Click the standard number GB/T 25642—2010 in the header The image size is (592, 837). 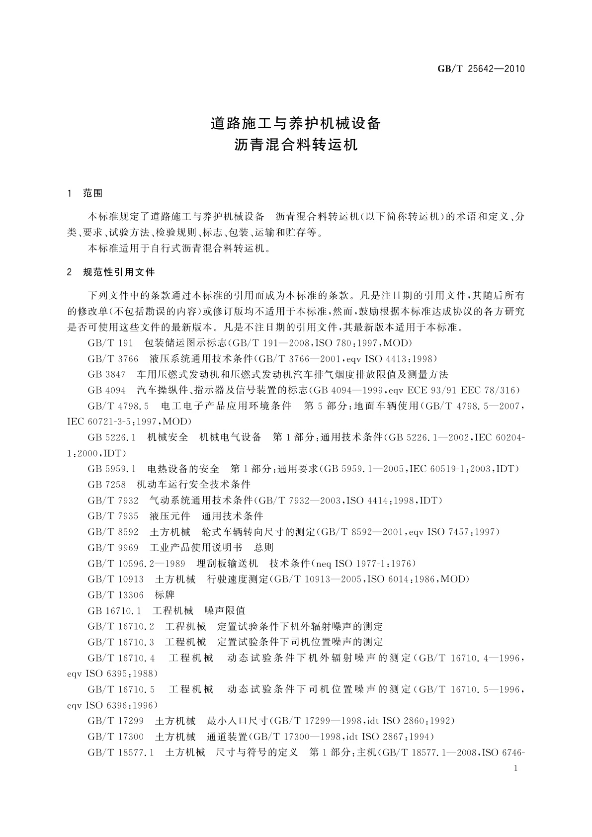[x=481, y=69]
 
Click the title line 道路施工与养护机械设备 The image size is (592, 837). [x=296, y=123]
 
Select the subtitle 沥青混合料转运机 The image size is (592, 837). [x=296, y=145]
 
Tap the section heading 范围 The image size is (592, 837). [x=93, y=193]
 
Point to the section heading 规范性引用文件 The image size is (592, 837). [x=119, y=272]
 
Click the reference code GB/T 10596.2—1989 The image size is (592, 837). [x=136, y=563]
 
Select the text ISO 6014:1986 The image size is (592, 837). [x=402, y=579]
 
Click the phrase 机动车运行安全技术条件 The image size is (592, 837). [x=193, y=484]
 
